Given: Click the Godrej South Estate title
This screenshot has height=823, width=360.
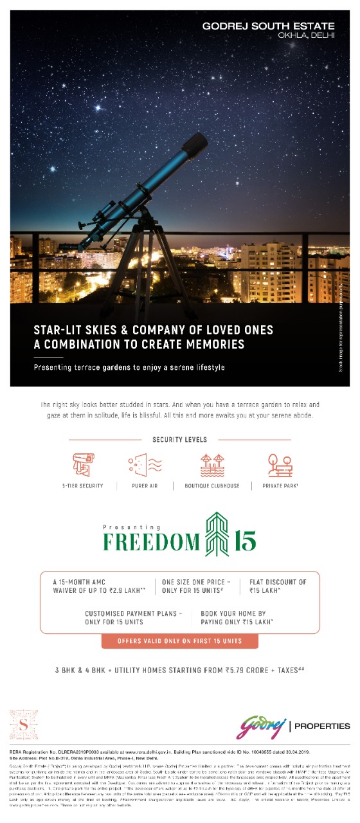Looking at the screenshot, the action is (x=268, y=26).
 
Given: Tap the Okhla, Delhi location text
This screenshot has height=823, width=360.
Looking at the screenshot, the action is (x=306, y=36).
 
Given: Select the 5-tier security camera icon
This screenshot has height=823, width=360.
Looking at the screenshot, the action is (x=83, y=464).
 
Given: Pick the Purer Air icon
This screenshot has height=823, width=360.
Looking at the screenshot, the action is (x=145, y=464).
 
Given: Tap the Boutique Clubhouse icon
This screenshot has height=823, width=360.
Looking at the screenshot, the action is (x=212, y=464).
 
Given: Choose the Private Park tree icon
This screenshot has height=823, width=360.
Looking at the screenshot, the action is (x=279, y=464).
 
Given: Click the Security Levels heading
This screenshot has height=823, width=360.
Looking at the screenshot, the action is (x=179, y=440).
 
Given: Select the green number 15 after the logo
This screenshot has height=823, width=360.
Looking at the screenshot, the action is (x=246, y=541).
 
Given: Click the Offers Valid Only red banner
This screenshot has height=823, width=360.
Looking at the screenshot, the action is (x=179, y=641).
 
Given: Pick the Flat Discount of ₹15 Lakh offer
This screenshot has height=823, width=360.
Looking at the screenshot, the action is (x=278, y=586).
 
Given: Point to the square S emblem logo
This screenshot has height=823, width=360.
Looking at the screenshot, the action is (x=24, y=724).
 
